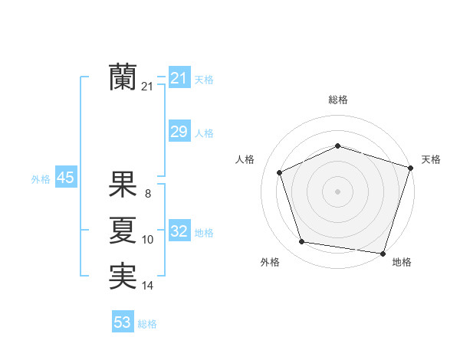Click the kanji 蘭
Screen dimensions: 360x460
pos(123,77)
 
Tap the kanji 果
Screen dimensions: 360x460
pos(123,184)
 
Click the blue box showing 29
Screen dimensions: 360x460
pos(179,132)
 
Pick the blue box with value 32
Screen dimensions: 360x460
pos(179,231)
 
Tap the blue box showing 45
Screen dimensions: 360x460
pos(65,178)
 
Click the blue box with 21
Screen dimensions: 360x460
pos(179,78)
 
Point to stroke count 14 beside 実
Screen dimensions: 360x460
pos(148,286)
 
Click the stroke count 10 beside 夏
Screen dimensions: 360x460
pos(148,240)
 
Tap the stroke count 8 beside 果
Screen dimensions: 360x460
pos(148,194)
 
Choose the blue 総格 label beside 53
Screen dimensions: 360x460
pos(147,323)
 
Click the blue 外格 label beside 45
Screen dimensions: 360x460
pos(41,178)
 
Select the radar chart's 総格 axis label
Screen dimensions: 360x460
pos(337,100)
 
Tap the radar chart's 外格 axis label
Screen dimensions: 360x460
pos(270,262)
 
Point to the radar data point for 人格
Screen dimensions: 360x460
pos(280,172)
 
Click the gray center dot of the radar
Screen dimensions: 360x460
pos(337,191)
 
